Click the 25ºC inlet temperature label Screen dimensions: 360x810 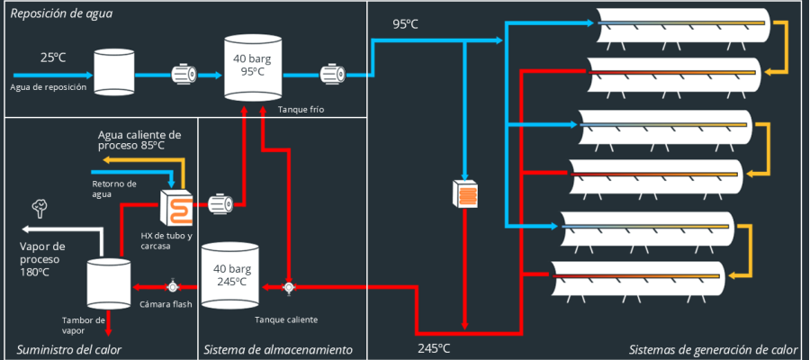point(53,58)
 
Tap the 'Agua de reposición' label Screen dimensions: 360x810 point(49,87)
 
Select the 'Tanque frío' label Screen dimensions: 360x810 point(301,110)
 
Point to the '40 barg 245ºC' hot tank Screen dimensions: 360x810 point(231,274)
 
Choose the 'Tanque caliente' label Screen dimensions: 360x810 point(286,319)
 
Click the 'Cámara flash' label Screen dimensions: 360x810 point(166,303)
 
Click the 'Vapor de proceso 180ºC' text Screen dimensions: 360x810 point(42,258)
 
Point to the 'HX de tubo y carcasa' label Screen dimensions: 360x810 point(166,241)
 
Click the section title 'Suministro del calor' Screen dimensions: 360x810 point(69,349)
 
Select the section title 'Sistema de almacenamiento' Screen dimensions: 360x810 point(278,349)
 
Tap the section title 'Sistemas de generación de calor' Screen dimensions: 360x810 point(713,349)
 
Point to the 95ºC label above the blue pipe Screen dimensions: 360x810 point(405,24)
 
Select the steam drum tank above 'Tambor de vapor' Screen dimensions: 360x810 point(109,283)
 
